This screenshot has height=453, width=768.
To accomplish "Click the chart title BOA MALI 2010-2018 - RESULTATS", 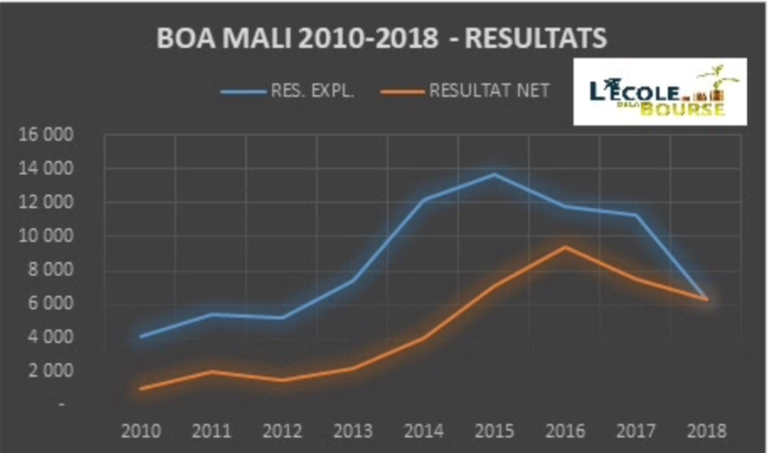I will [x=381, y=38].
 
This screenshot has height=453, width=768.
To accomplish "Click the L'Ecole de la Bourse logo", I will [x=660, y=91].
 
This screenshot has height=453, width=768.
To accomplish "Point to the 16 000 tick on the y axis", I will [x=53, y=136].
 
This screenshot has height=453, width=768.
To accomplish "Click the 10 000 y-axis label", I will [x=53, y=237].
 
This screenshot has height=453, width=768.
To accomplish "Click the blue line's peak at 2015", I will [x=494, y=174].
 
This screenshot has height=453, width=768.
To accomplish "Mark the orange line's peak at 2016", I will [x=565, y=247].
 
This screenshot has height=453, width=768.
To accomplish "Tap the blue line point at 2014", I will [x=423, y=199].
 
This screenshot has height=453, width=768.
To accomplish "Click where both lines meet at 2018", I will [x=705, y=300].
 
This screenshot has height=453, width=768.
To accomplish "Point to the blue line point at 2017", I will [x=635, y=215].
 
